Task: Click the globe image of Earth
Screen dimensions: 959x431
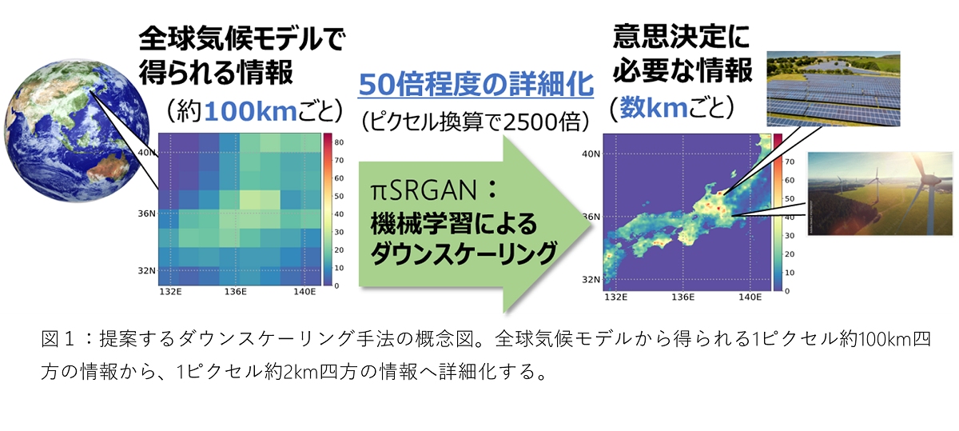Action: [77, 131]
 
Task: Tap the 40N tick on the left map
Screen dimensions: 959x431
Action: [146, 153]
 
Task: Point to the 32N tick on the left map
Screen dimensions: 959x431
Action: [146, 270]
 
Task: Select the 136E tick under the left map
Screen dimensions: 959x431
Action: [236, 292]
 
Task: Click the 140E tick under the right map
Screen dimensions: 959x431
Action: [750, 297]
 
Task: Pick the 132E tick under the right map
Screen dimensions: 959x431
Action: [615, 297]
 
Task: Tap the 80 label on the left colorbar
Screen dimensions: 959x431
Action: [339, 142]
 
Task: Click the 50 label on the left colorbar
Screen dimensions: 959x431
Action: [339, 196]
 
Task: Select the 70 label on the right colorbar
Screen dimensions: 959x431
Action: [790, 162]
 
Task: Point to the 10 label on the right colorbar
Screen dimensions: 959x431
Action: [790, 273]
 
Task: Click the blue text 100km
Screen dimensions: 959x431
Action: [251, 111]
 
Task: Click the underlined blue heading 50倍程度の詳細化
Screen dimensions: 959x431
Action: [476, 84]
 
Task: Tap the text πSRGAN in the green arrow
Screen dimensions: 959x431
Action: [424, 190]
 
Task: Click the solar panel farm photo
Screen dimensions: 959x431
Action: [833, 89]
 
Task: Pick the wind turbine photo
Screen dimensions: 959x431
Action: [880, 194]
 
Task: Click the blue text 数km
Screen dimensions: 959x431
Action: [654, 107]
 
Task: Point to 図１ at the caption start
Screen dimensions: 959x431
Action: [58, 339]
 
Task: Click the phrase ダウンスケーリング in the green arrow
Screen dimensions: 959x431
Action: [464, 253]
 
